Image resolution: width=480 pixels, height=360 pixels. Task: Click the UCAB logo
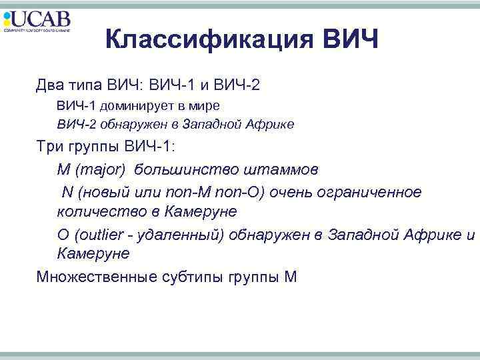pos(37,21)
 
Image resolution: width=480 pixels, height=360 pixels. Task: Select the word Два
pos(51,86)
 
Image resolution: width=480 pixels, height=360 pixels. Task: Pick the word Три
pos(51,148)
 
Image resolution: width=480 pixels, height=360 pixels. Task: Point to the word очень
pos(290,192)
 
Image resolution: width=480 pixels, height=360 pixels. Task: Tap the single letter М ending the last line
pos(291,276)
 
